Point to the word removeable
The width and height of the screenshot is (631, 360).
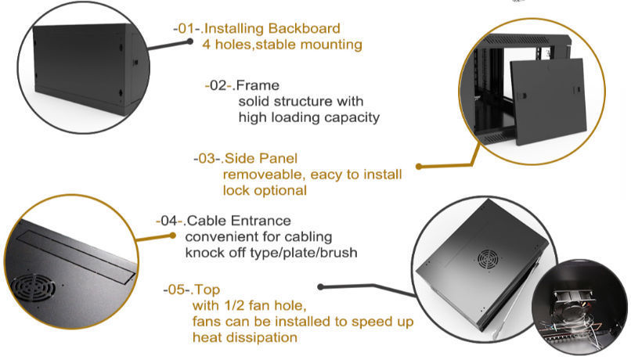click(260, 175)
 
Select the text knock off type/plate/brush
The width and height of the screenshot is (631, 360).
click(271, 252)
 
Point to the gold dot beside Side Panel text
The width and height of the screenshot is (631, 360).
click(419, 166)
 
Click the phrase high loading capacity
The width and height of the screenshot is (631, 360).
click(308, 117)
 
